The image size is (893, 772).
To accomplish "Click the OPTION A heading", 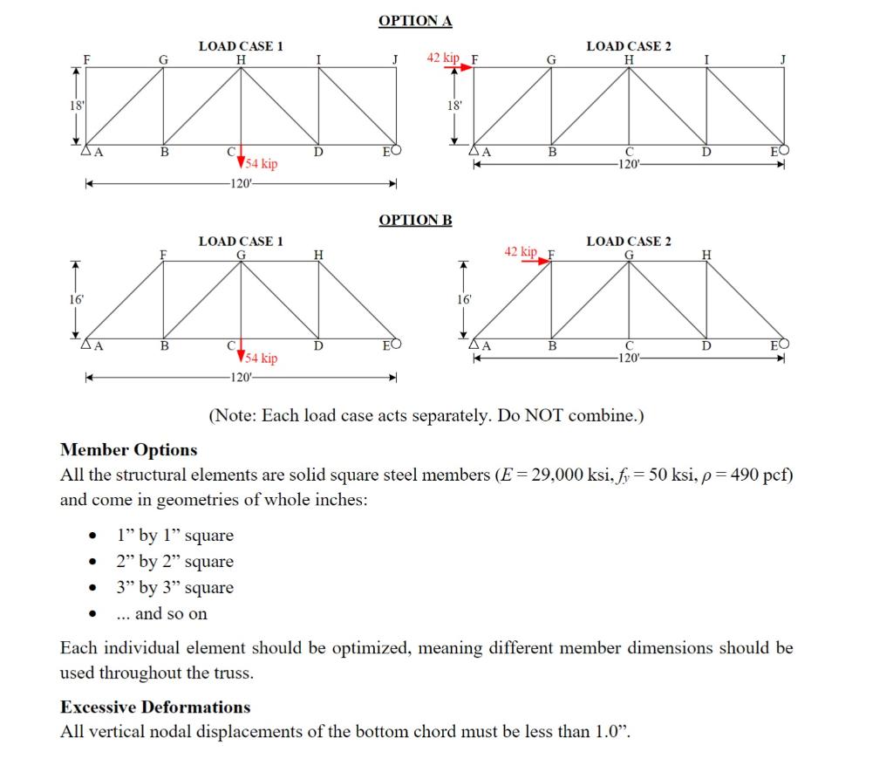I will [415, 20].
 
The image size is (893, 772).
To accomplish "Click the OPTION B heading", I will [415, 219].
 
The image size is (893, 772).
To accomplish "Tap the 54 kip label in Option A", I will [262, 164].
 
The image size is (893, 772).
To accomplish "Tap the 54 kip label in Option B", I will [262, 359].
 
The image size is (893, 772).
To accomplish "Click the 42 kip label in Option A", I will [442, 58].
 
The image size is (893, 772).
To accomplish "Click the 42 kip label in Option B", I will [521, 251].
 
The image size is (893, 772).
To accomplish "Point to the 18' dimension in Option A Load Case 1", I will [77, 106].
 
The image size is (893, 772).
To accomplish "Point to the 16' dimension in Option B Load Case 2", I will [465, 299].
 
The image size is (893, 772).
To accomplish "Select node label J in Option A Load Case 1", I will [395, 59].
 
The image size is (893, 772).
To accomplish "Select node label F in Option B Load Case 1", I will [162, 254].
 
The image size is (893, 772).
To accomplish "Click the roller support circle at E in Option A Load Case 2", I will [785, 150].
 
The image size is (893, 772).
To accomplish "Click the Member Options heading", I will [128, 450].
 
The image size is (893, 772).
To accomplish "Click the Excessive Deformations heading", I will [154, 707].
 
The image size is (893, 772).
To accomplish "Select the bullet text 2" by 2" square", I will [175, 562].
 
